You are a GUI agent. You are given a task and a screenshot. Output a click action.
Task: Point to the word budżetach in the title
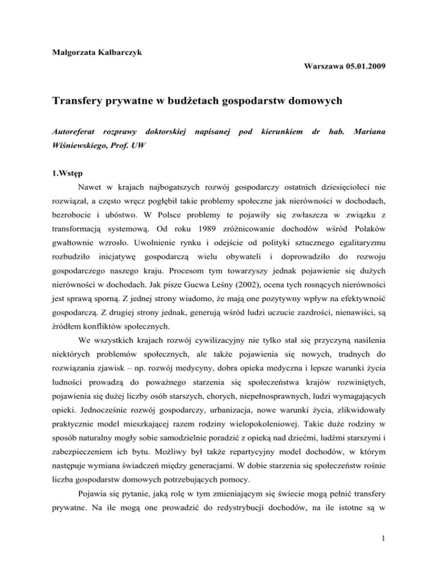pos(192,104)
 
